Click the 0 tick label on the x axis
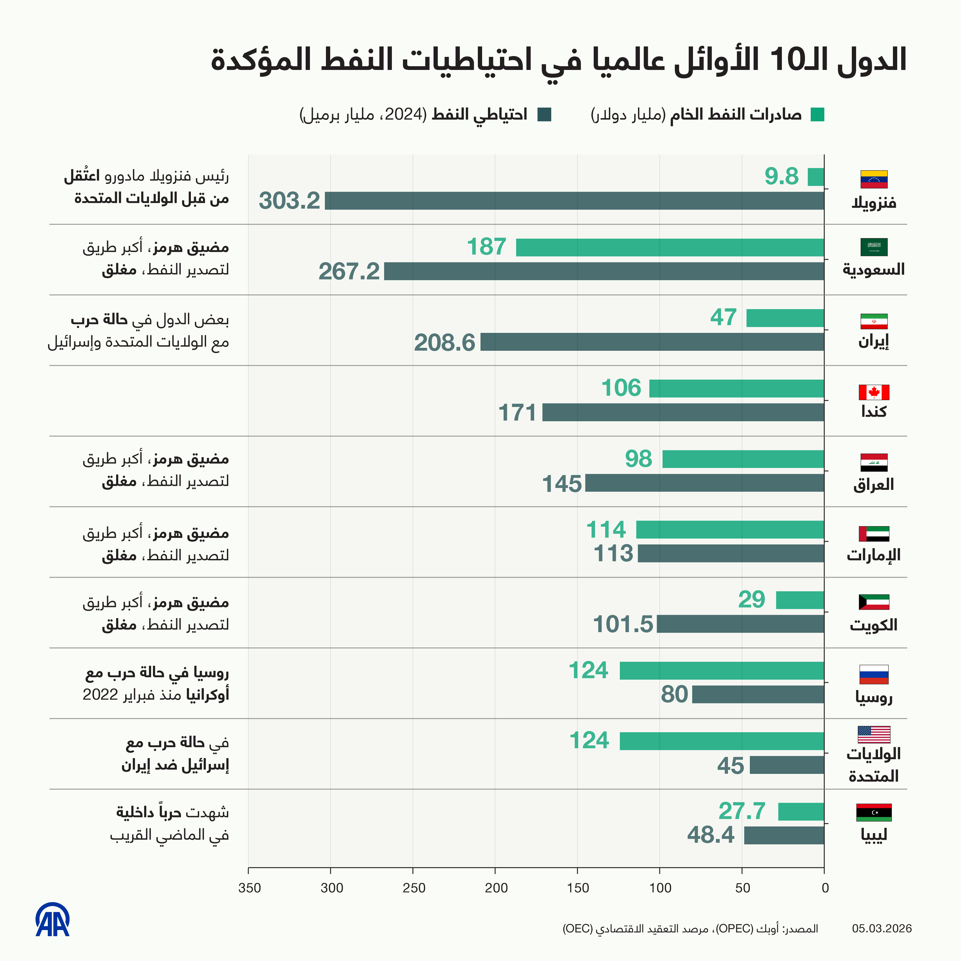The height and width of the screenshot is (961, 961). [825, 888]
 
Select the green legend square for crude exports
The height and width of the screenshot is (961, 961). [817, 115]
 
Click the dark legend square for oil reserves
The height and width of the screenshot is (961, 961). [544, 115]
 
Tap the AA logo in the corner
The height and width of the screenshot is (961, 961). [52, 920]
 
